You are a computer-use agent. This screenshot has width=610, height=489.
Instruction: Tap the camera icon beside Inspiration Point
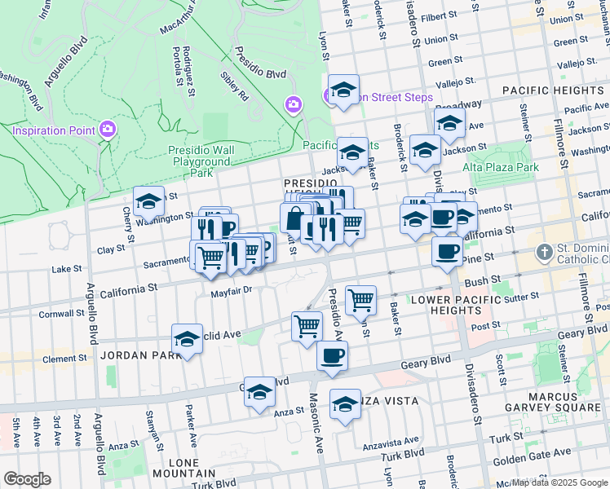pos(107,130)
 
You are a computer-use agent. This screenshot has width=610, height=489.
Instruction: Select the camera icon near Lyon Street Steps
pos(293,104)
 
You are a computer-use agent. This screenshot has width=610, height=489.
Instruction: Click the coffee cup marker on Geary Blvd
pos(332,356)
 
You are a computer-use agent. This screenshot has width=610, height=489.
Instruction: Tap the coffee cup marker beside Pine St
pos(447,252)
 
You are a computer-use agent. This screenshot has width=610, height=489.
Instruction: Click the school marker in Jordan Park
pos(187,338)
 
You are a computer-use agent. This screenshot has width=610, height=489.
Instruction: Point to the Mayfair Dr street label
pos(232,291)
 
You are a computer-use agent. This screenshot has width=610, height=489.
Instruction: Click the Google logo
pos(27,479)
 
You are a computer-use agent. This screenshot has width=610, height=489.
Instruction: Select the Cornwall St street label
pos(61,312)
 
